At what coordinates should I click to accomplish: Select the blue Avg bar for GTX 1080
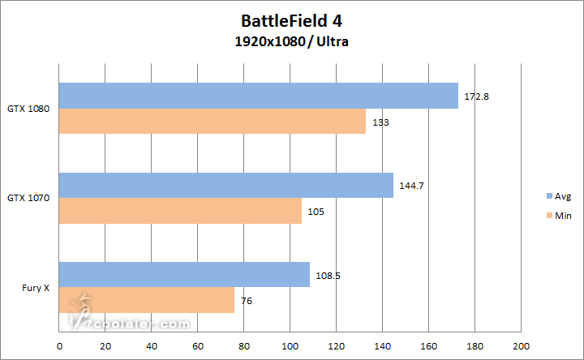tap(258, 96)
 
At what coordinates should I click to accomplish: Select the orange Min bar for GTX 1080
tap(212, 121)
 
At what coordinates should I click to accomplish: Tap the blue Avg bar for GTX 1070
tap(225, 185)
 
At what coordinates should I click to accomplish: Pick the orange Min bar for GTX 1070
tap(180, 210)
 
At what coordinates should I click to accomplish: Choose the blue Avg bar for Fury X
tap(184, 275)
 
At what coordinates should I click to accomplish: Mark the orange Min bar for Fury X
tap(146, 300)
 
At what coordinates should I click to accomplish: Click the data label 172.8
tap(476, 96)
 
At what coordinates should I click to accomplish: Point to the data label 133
tap(380, 122)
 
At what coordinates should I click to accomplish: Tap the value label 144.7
tap(412, 186)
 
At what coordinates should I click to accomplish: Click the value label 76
tap(247, 301)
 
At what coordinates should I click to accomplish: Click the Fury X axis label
tap(34, 287)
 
